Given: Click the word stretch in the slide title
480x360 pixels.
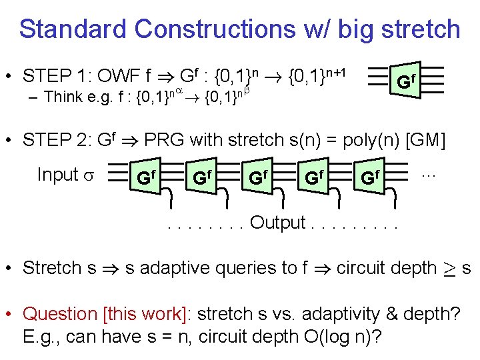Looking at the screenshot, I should click(418, 29).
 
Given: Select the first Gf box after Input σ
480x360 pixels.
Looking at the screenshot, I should click(146, 178).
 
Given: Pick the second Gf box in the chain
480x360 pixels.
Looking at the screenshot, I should click(202, 178).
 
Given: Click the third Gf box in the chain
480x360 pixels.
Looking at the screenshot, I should click(258, 178).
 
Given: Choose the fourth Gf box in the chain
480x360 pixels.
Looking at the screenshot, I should click(314, 178).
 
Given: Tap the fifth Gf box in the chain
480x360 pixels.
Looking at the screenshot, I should click(370, 178).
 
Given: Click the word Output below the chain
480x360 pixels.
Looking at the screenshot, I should click(277, 223).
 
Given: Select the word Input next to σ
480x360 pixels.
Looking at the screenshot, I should click(58, 175).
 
